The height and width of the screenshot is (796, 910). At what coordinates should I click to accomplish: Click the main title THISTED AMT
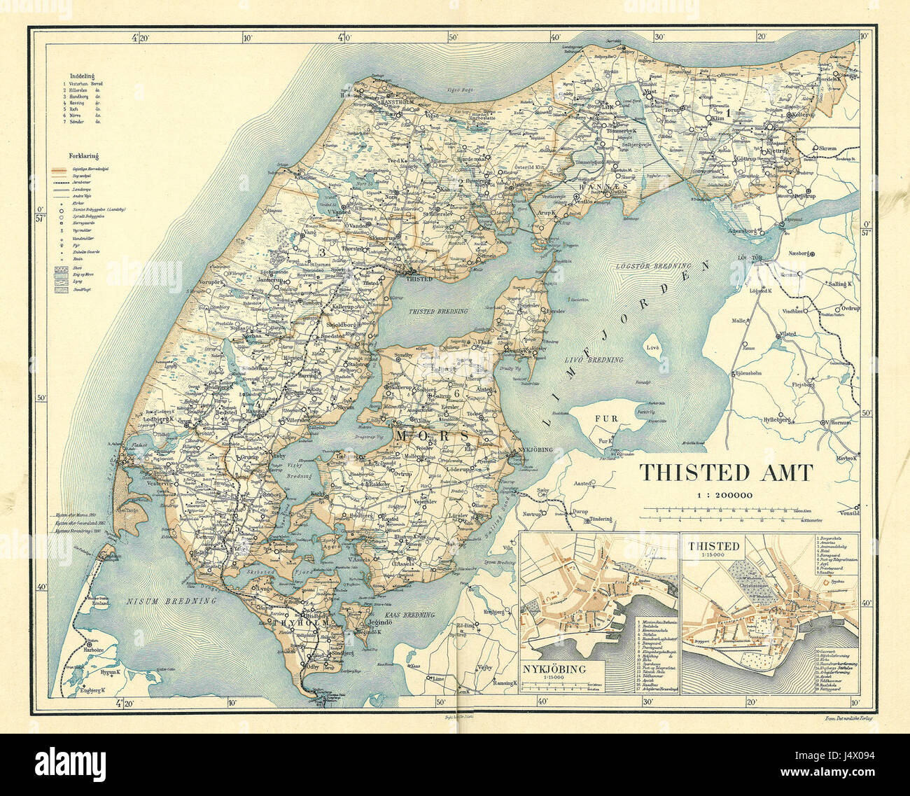pyautogui.click(x=724, y=473)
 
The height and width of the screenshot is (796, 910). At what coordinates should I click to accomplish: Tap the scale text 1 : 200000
pyautogui.click(x=724, y=495)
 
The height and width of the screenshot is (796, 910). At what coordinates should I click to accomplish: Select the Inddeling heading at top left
pyautogui.click(x=82, y=74)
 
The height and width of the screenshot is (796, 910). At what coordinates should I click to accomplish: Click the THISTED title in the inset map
pyautogui.click(x=713, y=545)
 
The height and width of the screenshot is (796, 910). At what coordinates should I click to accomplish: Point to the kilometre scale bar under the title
pyautogui.click(x=724, y=514)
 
